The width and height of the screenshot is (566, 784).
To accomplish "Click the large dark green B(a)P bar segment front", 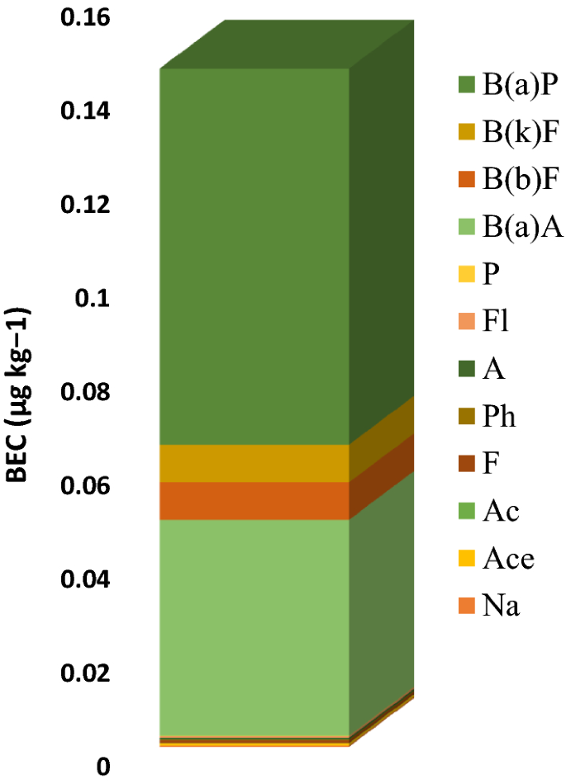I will point(254,256).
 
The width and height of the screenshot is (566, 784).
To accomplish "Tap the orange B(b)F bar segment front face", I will point(254,500).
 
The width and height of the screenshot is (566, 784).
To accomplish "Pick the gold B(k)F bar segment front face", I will point(254,463).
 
